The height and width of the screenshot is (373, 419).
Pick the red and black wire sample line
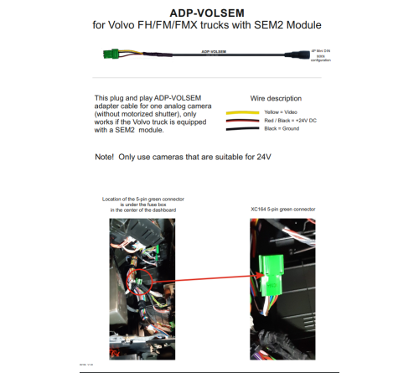(240, 121)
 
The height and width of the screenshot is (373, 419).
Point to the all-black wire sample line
(240, 130)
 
